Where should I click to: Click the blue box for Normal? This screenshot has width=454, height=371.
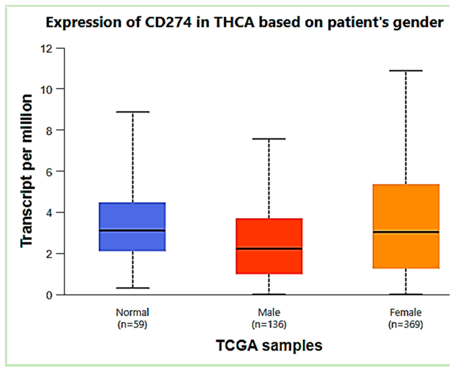click(132, 226)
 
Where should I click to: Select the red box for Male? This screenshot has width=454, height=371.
click(269, 246)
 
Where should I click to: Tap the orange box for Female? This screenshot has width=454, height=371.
click(406, 226)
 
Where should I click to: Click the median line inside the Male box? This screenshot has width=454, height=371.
click(269, 249)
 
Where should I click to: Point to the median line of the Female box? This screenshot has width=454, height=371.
click(406, 232)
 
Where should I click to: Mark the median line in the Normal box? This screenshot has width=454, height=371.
click(132, 230)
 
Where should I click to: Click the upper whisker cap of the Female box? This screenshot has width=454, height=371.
click(406, 71)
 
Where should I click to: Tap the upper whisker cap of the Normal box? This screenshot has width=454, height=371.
click(133, 112)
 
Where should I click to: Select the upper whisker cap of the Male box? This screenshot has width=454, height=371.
click(269, 139)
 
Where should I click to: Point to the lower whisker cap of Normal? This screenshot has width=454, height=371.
click(133, 288)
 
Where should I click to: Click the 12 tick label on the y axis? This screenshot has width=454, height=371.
click(47, 48)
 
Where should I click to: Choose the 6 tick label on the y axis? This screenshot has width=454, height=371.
click(49, 172)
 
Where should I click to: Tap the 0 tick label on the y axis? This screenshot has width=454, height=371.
click(49, 295)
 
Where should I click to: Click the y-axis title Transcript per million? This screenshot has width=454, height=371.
click(26, 171)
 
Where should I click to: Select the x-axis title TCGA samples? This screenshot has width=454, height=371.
click(269, 345)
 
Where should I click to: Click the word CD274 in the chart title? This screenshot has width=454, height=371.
click(168, 22)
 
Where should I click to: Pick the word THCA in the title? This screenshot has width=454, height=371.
click(234, 22)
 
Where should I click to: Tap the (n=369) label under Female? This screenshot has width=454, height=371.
click(406, 324)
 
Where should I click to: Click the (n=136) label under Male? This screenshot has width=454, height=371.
click(269, 324)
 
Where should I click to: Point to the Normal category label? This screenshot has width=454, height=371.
click(133, 312)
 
